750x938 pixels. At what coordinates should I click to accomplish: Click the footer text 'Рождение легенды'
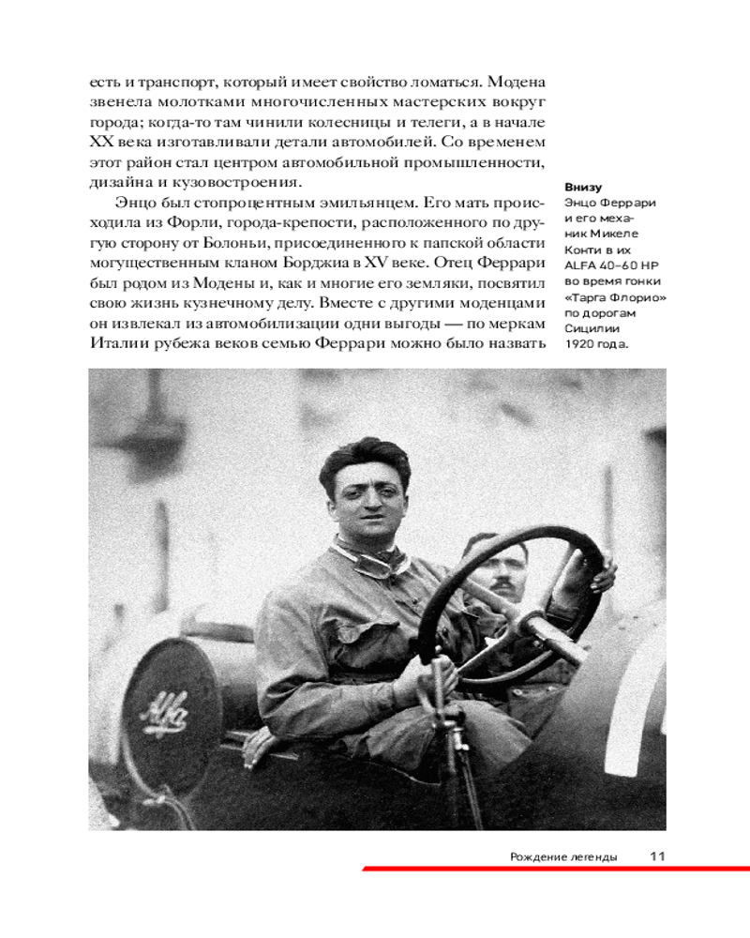[563, 856]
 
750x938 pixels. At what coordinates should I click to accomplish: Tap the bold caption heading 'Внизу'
[582, 187]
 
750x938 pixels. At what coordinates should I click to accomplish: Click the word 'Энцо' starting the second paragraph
[135, 202]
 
